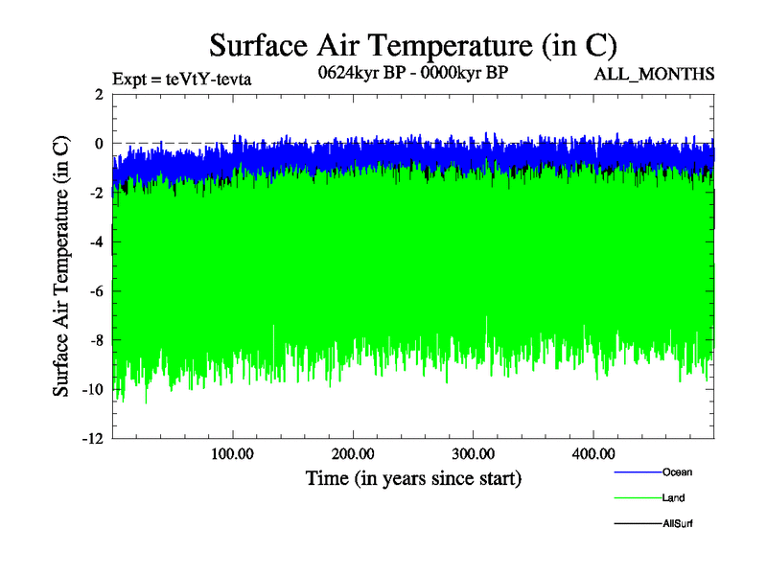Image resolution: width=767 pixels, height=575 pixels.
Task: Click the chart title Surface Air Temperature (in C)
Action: [412, 45]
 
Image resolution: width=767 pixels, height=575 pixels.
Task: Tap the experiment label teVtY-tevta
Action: [182, 79]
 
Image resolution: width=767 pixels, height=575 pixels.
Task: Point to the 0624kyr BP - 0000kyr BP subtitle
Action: [412, 72]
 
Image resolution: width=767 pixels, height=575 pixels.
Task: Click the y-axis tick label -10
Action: [92, 390]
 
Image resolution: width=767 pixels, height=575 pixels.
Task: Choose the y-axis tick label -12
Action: [92, 439]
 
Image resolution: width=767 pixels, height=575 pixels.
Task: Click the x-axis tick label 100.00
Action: [233, 453]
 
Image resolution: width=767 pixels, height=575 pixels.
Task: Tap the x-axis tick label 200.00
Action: [354, 453]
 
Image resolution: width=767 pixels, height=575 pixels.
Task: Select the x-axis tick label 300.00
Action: [474, 453]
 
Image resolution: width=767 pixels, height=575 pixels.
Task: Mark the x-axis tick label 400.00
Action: [593, 453]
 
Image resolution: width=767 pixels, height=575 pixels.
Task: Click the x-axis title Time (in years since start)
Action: [413, 477]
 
